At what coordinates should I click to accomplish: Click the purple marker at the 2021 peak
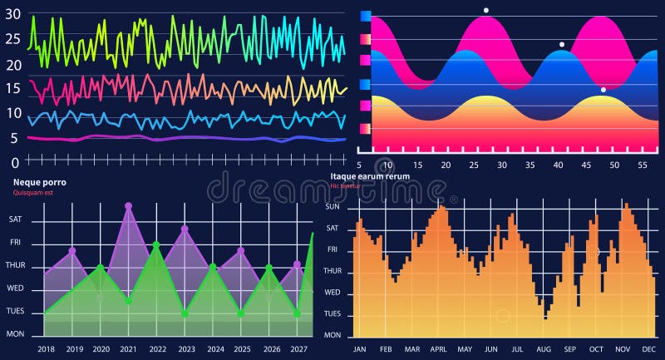pyautogui.click(x=128, y=205)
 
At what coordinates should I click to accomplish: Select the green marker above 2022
pyautogui.click(x=156, y=244)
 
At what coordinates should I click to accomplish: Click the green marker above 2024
pyautogui.click(x=214, y=266)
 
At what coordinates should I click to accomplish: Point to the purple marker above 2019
pyautogui.click(x=72, y=250)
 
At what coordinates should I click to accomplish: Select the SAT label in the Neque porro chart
pyautogui.click(x=16, y=219)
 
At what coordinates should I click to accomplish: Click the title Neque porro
pyautogui.click(x=40, y=182)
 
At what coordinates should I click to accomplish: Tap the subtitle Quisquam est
pyautogui.click(x=34, y=193)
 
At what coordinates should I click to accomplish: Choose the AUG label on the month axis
pyautogui.click(x=544, y=349)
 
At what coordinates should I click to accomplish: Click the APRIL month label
pyautogui.click(x=438, y=349)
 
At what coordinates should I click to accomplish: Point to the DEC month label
pyautogui.click(x=649, y=349)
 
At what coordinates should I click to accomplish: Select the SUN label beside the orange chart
pyautogui.click(x=332, y=207)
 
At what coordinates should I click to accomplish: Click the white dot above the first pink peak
pyautogui.click(x=486, y=10)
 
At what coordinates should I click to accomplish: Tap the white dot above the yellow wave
pyautogui.click(x=603, y=89)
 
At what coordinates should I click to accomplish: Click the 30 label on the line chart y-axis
pyautogui.click(x=12, y=14)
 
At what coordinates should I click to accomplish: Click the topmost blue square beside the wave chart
pyautogui.click(x=365, y=15)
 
